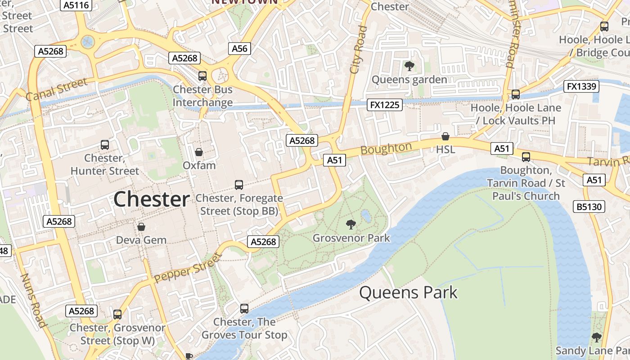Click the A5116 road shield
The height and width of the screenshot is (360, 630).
tap(76, 5)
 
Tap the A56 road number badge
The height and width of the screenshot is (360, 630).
tap(239, 49)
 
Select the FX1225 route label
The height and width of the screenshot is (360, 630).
tap(384, 105)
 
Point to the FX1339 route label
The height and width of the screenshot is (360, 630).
tap(581, 86)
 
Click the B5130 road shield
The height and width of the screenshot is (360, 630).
tap(588, 207)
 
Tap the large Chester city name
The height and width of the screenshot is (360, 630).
tap(151, 199)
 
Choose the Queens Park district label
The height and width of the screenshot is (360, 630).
tap(408, 292)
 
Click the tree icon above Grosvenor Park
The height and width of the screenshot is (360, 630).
tap(351, 224)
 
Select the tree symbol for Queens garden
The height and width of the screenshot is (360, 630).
tap(409, 66)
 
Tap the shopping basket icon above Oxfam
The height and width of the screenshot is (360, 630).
tap(198, 152)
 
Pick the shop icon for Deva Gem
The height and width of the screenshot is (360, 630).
tap(141, 226)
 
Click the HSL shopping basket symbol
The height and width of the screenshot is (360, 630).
tap(445, 136)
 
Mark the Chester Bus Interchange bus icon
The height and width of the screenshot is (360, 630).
tap(202, 76)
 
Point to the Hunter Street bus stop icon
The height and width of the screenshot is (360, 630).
tap(105, 144)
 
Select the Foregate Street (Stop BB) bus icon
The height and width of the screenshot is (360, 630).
tap(239, 184)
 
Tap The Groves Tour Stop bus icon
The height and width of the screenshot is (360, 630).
tap(244, 308)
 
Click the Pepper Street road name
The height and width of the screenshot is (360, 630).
tap(188, 269)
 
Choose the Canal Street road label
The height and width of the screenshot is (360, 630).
tap(56, 90)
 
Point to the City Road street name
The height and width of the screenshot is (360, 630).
tap(358, 49)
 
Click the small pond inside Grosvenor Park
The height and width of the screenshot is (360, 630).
tap(366, 216)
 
